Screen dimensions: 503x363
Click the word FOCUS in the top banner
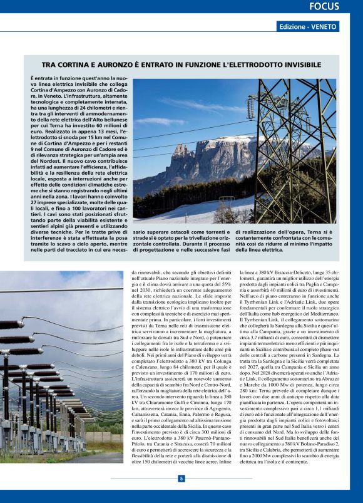click(324, 7)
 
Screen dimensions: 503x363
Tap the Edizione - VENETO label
click(308, 27)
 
